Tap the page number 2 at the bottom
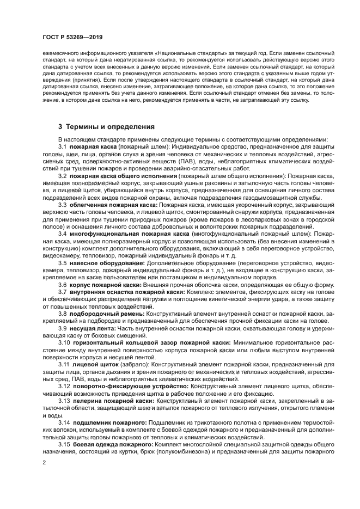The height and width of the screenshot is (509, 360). tap(44, 462)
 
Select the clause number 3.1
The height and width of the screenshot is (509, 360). tap(62, 148)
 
